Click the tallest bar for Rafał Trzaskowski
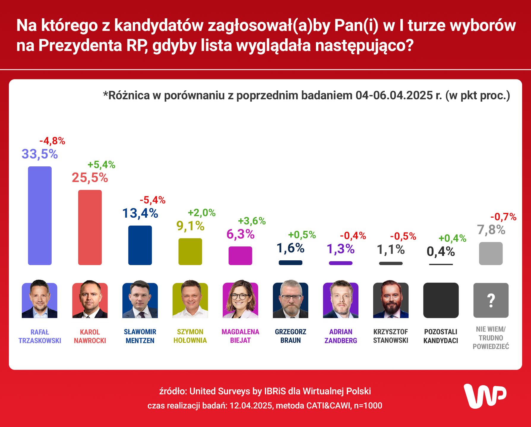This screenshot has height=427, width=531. [x=40, y=216]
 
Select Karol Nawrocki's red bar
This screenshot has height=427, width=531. [x=90, y=227]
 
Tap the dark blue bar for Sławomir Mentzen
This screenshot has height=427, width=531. [x=140, y=245]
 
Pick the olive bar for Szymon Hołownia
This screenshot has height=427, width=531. [x=190, y=251]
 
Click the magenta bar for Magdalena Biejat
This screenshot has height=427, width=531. [x=240, y=256]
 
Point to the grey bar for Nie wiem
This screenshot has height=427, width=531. [x=491, y=254]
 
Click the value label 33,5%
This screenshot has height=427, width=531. [x=40, y=154]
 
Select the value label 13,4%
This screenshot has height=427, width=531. [x=140, y=213]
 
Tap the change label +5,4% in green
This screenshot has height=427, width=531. [x=101, y=165]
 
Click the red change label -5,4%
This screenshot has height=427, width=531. [x=152, y=200]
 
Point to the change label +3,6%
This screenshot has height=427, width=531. [x=252, y=221]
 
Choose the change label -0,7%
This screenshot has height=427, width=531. [x=503, y=217]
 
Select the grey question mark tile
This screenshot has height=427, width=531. [x=491, y=300]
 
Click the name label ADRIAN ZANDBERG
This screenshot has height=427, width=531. [x=341, y=336]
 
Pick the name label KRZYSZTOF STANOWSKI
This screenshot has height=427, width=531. [x=391, y=336]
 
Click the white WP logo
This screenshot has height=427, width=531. [x=485, y=396]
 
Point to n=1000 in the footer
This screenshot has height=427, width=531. [x=368, y=406]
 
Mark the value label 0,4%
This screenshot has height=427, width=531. [x=441, y=252]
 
